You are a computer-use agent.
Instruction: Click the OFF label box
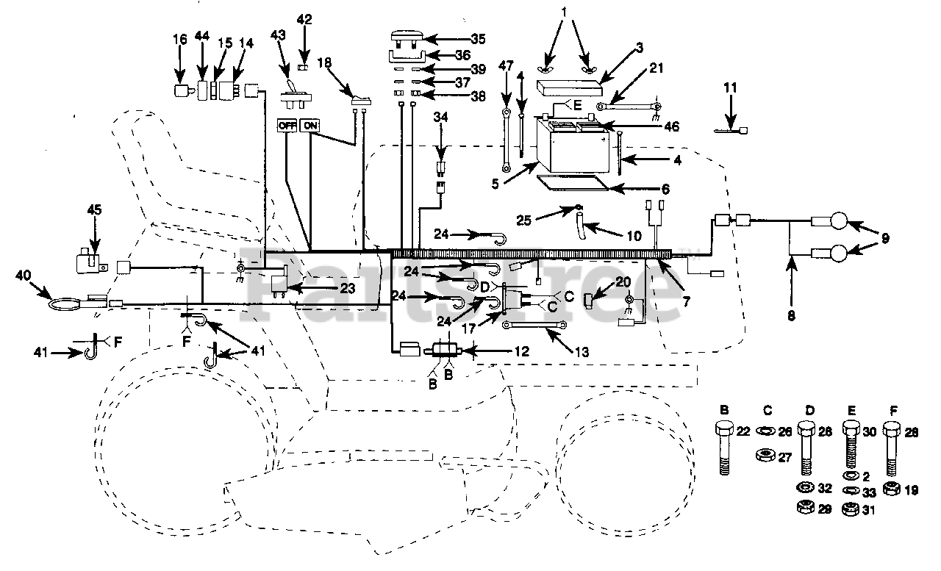pyautogui.click(x=287, y=125)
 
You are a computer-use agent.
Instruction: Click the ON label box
pyautogui.click(x=310, y=125)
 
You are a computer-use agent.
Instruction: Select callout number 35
pyautogui.click(x=478, y=39)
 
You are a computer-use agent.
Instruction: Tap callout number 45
pyautogui.click(x=95, y=209)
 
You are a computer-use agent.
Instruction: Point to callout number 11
pyautogui.click(x=730, y=88)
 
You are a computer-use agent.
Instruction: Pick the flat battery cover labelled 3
pyautogui.click(x=570, y=89)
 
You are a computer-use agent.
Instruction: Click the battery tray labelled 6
pyautogui.click(x=573, y=184)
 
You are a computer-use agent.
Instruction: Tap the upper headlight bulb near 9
pyautogui.click(x=839, y=220)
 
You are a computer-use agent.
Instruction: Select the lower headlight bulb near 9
pyautogui.click(x=839, y=254)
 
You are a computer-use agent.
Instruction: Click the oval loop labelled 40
pyautogui.click(x=66, y=304)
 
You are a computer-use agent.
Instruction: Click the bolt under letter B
pyautogui.click(x=724, y=447)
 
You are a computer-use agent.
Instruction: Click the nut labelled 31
pyautogui.click(x=851, y=509)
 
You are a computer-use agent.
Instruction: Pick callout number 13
pyautogui.click(x=582, y=351)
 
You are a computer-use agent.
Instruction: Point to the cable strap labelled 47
pyautogui.click(x=507, y=140)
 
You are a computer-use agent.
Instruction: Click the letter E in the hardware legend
pyautogui.click(x=851, y=410)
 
